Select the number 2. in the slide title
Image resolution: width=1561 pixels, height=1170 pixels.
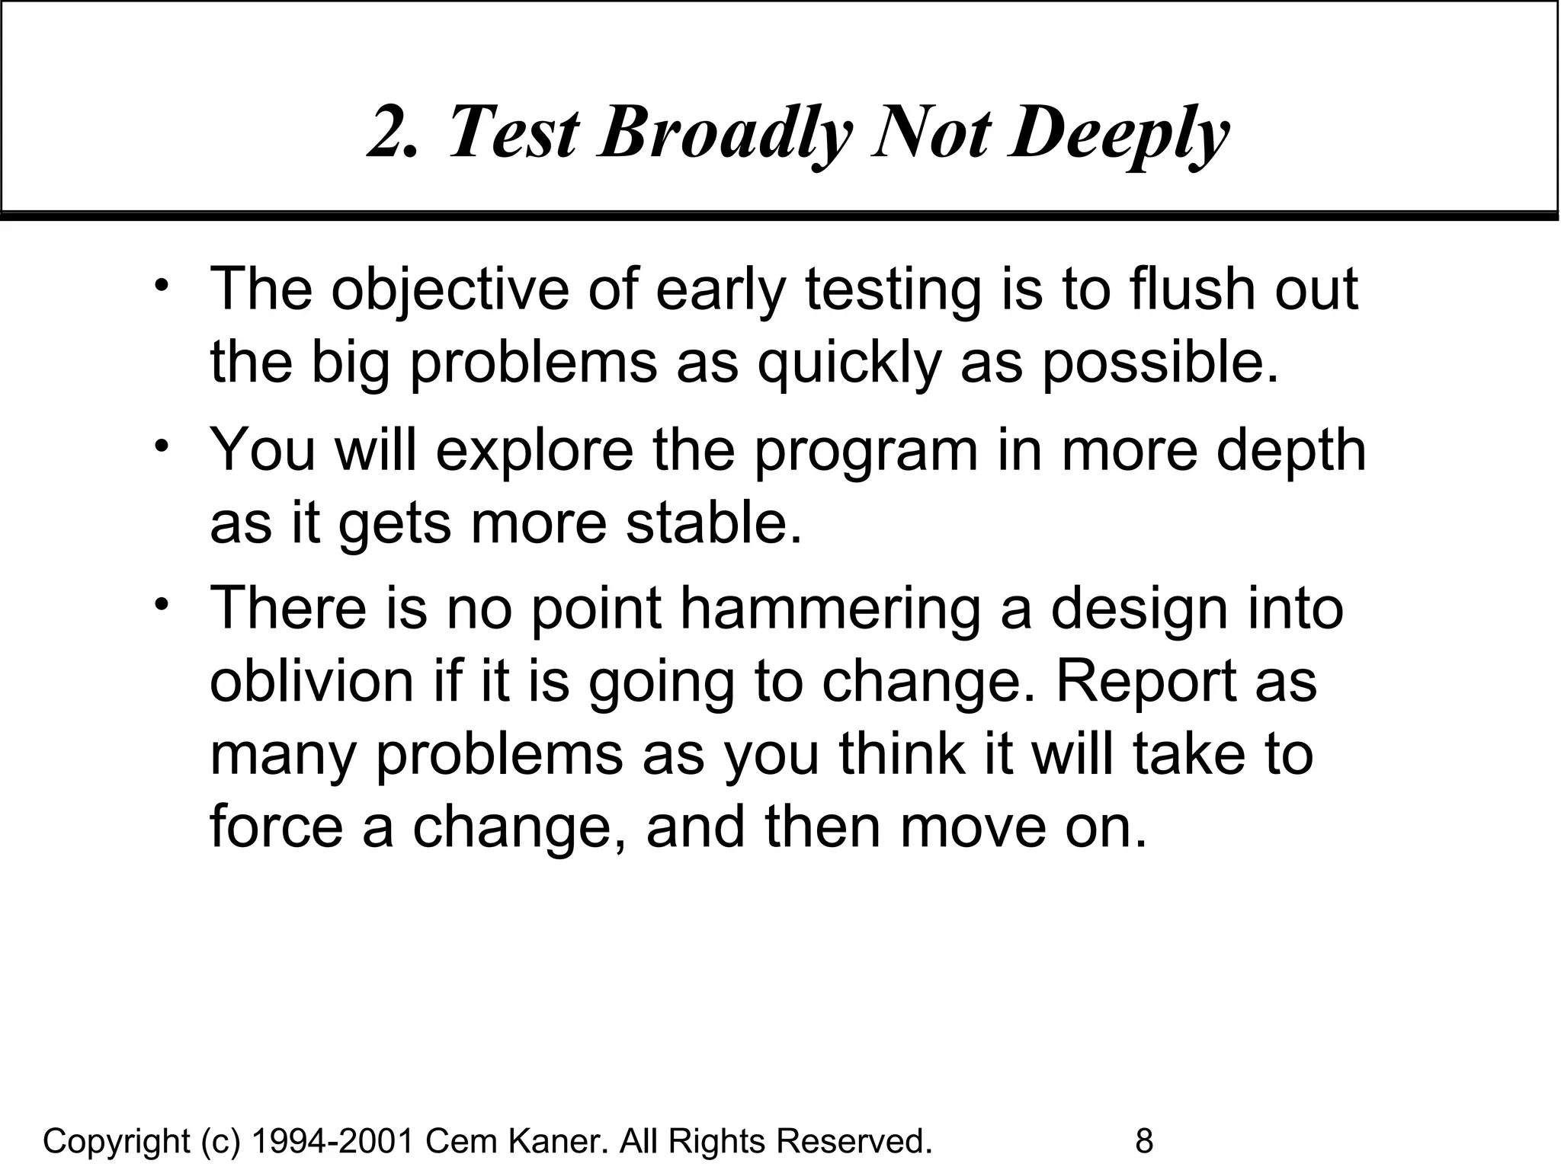click(x=393, y=133)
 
